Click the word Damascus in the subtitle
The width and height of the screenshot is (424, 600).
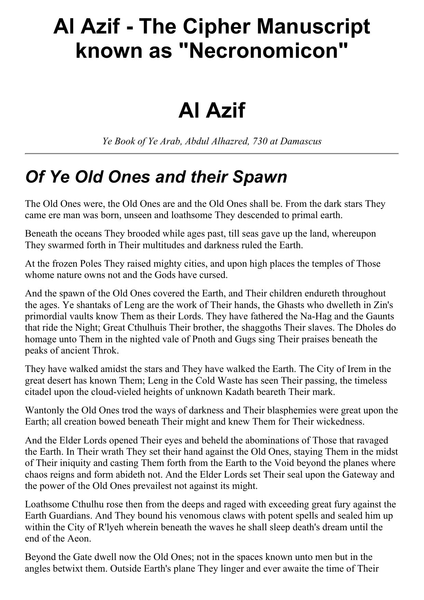click(301, 141)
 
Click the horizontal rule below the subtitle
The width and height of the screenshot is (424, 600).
click(212, 154)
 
